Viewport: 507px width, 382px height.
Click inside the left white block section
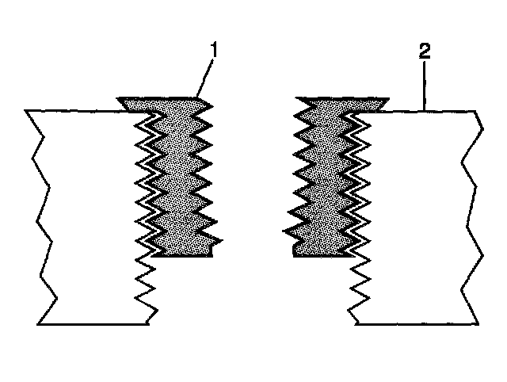pos(87,214)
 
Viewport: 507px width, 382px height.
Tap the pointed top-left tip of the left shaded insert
pos(119,100)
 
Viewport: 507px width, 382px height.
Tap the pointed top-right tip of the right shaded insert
pos(387,100)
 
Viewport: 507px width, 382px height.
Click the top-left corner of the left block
pos(27,110)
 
